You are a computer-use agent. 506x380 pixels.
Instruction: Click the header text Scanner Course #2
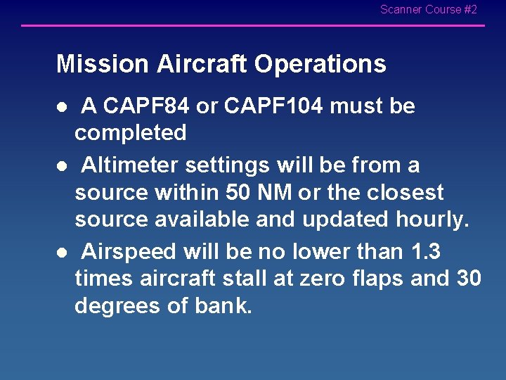point(428,10)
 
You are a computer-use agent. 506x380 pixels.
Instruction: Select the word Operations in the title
point(320,64)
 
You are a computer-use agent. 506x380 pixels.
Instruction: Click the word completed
point(131,133)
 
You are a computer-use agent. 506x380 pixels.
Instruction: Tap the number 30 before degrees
point(467,279)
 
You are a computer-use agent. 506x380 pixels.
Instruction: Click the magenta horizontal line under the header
point(253,26)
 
